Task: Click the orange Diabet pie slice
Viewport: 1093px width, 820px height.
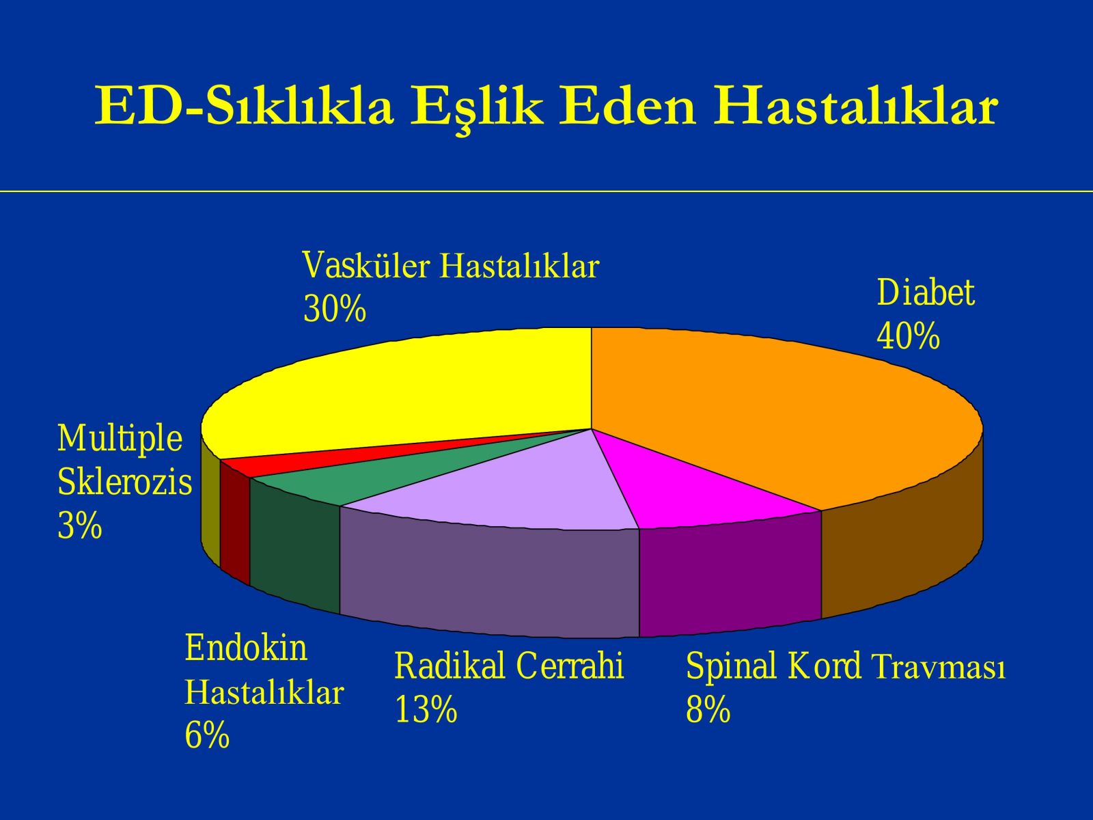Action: click(777, 413)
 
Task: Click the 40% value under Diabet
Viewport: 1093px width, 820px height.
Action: click(908, 336)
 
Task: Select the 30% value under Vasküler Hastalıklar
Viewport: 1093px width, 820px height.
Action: click(334, 309)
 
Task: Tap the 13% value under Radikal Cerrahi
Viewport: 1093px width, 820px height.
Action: click(426, 709)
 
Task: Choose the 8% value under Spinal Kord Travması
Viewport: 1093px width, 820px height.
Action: click(708, 709)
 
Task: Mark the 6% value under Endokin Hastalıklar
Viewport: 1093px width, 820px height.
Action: click(207, 735)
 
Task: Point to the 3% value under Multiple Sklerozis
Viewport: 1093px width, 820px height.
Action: click(80, 525)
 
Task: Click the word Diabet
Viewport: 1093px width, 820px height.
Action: click(925, 292)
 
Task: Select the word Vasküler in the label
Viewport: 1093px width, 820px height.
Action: click(366, 265)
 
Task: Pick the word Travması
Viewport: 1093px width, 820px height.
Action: click(939, 666)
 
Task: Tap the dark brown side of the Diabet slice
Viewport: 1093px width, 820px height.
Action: click(901, 543)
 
